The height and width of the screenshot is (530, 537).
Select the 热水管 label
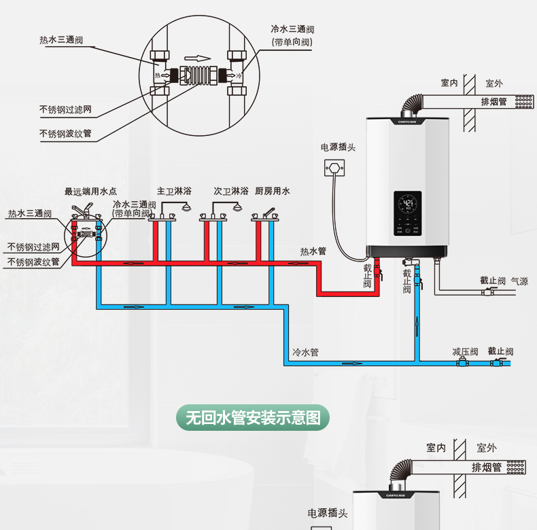313,251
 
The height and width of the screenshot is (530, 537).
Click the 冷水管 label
305,353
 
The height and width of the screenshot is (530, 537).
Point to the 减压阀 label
465,351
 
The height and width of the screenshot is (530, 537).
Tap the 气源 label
519,281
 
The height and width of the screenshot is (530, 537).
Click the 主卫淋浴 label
174,192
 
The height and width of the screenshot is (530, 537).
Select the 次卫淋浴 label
230,192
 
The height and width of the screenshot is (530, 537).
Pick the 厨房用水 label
273,192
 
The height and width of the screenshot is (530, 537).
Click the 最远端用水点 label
90,192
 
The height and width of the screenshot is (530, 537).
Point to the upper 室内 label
449,83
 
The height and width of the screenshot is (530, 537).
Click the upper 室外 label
494,83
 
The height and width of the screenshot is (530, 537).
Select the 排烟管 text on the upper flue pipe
494,102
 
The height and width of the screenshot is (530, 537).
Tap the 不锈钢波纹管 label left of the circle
65,133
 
